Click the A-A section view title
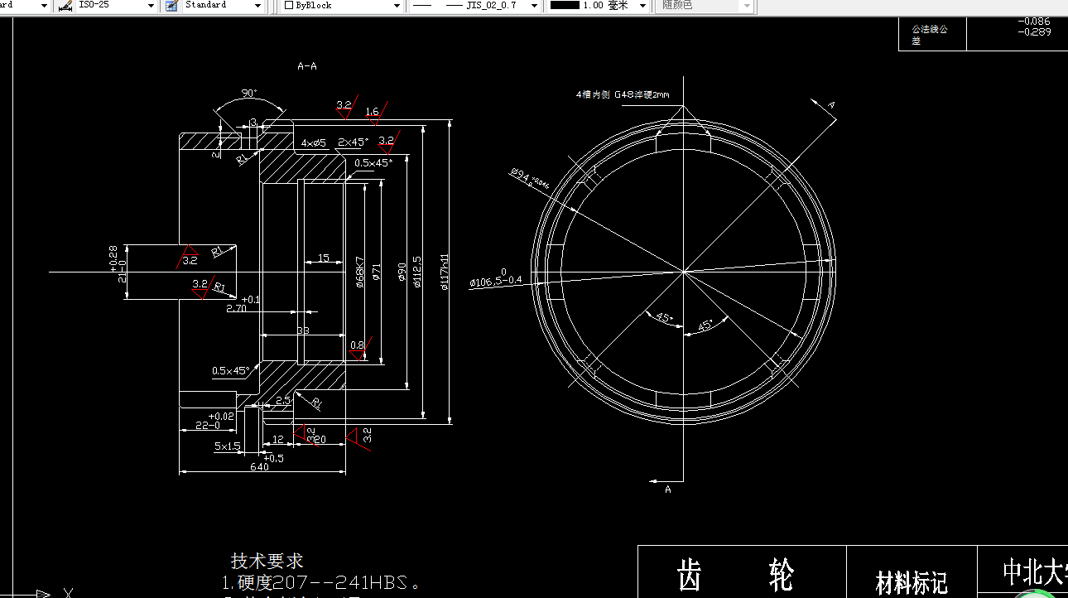[x=307, y=66]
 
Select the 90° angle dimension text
[x=248, y=93]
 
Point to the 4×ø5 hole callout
[x=314, y=142]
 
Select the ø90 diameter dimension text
[x=402, y=273]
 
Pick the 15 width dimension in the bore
[x=324, y=258]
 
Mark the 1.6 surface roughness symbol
[x=373, y=112]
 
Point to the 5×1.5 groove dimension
[x=227, y=446]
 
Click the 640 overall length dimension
[x=259, y=467]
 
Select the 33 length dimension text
[x=303, y=330]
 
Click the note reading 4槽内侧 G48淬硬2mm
[x=622, y=94]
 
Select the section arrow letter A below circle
[x=668, y=489]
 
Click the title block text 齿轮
[x=735, y=574]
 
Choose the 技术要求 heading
[x=267, y=562]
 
